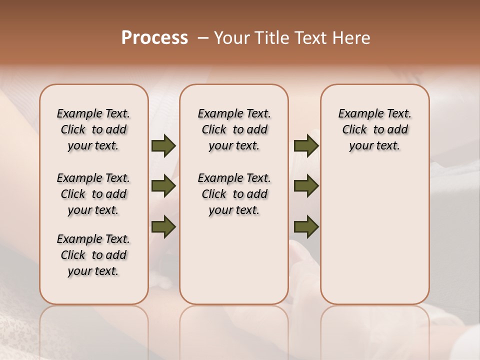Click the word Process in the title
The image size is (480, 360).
[154, 37]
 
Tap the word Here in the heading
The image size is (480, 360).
[351, 38]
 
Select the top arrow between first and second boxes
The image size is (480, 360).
[163, 146]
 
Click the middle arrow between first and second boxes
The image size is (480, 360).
[163, 186]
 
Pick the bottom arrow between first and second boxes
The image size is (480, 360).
[163, 226]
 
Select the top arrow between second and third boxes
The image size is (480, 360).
[306, 146]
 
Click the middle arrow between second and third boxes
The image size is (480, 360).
[306, 186]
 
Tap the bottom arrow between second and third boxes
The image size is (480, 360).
[306, 226]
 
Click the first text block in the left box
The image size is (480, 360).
[93, 129]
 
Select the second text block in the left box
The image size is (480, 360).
[93, 194]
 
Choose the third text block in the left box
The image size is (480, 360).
[93, 255]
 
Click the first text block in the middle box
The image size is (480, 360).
[234, 129]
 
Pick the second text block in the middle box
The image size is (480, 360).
[234, 194]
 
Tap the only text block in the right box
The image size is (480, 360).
[375, 129]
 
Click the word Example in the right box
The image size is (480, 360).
[357, 114]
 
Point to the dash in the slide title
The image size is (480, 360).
[203, 38]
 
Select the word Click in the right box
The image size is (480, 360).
[354, 130]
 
